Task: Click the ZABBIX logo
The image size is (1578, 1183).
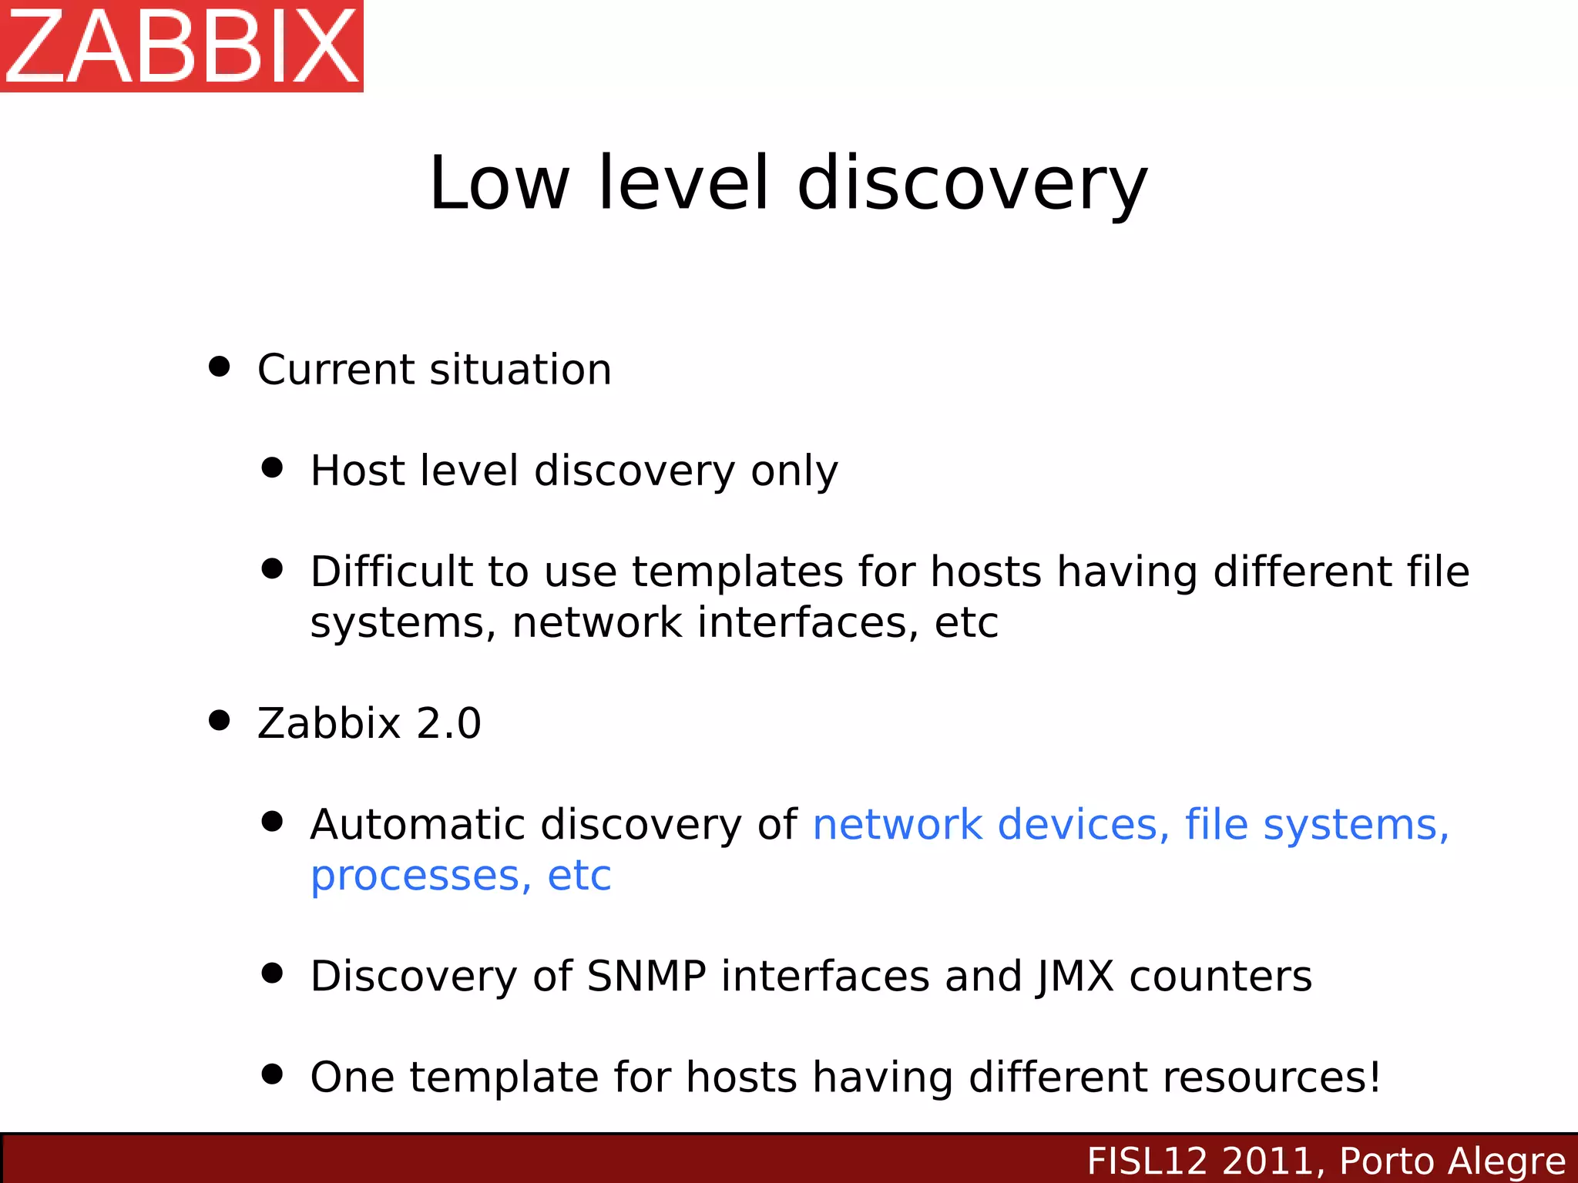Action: [x=182, y=46]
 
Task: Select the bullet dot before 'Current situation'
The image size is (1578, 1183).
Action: [x=220, y=366]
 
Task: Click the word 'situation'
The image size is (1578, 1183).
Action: [x=521, y=370]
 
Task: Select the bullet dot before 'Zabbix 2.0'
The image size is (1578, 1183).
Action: [x=220, y=720]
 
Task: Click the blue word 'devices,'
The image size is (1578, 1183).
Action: [x=1083, y=825]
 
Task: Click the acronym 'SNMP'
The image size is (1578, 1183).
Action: [x=646, y=977]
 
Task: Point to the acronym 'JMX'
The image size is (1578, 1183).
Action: [x=1075, y=977]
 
